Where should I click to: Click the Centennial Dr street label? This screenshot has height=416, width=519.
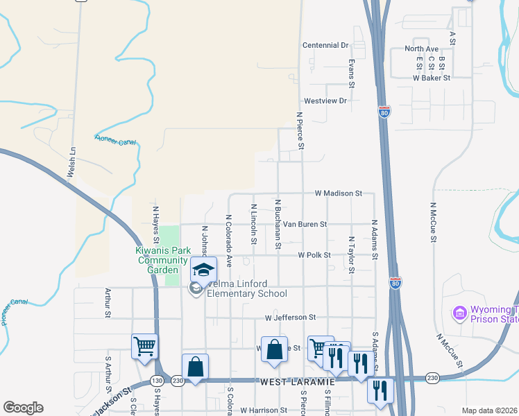click(325, 45)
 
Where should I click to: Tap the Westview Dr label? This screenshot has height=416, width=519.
click(325, 101)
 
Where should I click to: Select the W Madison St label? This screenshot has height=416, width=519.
click(338, 193)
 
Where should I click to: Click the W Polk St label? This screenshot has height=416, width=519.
click(314, 255)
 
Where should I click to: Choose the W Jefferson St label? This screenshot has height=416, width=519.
click(290, 317)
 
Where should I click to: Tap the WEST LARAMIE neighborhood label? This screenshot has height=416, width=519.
click(298, 382)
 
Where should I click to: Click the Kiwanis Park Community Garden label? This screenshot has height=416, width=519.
click(162, 260)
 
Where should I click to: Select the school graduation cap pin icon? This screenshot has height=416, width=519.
click(204, 269)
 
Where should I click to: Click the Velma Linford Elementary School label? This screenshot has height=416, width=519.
click(244, 293)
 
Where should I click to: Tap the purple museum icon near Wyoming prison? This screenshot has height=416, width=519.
click(459, 314)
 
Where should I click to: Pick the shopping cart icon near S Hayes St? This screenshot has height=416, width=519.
click(144, 345)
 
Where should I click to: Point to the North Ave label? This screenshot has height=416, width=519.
click(422, 49)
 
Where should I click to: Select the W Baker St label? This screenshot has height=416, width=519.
click(432, 78)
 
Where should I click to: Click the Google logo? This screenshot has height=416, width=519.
click(23, 408)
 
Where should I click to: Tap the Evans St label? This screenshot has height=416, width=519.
click(352, 73)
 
